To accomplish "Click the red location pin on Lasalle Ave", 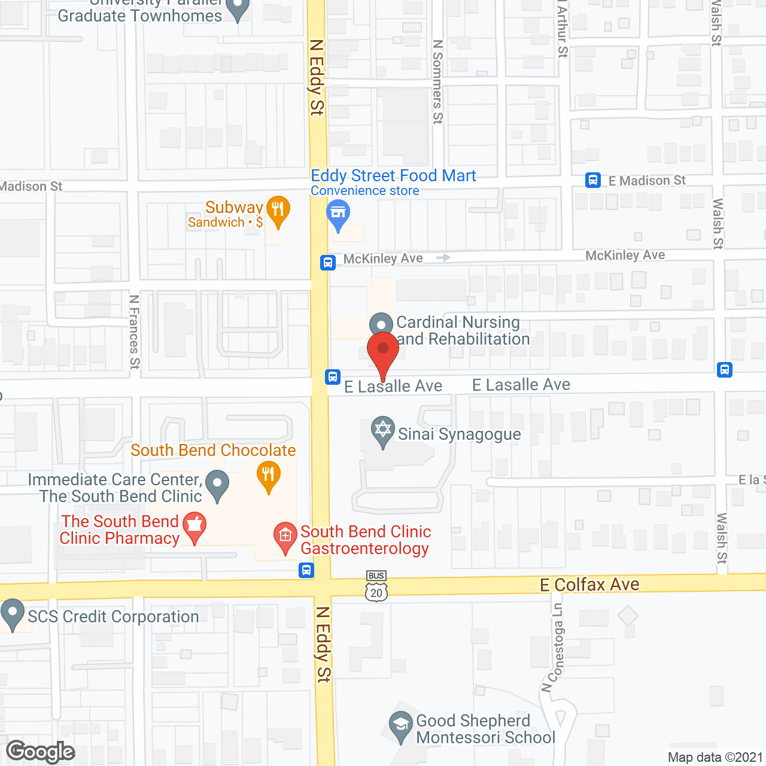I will (x=382, y=349).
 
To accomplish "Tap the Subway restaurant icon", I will (x=278, y=209).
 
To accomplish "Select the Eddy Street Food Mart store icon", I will (x=338, y=214).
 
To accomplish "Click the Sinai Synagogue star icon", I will (x=382, y=430).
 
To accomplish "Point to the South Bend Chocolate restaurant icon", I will (x=268, y=476).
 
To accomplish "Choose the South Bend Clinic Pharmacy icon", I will (x=194, y=526).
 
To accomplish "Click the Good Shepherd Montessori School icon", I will (x=400, y=725).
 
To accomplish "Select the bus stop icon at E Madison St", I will (x=593, y=180).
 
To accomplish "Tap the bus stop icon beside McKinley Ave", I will (x=328, y=262).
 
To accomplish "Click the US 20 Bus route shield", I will (x=376, y=586).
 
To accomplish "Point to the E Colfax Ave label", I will (x=589, y=585).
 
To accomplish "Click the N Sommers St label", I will (x=438, y=81).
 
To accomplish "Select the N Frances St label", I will (x=135, y=332).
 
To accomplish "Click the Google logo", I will (x=41, y=752).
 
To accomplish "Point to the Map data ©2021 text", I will (x=715, y=758).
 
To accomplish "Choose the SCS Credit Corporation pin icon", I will (x=12, y=613).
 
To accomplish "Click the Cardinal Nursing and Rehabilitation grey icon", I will (x=381, y=324).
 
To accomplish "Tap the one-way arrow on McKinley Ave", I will (x=443, y=257).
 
